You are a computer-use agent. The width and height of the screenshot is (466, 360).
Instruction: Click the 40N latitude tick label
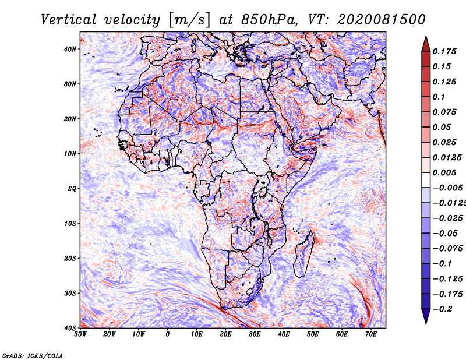(x=70, y=49)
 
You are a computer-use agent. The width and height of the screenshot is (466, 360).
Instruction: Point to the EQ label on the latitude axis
(x=72, y=189)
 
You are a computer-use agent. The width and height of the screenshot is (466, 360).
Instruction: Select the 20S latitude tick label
(x=70, y=258)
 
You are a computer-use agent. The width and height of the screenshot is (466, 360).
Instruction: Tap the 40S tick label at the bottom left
(x=70, y=328)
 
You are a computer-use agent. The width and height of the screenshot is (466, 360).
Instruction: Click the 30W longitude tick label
(x=80, y=334)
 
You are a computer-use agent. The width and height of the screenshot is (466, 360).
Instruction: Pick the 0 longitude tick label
(x=168, y=334)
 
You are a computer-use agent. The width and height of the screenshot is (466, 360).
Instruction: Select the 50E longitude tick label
(x=313, y=334)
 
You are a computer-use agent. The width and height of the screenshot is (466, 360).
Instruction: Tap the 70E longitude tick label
(x=371, y=334)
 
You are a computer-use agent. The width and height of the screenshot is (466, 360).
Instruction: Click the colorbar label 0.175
(x=444, y=51)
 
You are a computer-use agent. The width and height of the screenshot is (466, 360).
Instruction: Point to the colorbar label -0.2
(x=443, y=309)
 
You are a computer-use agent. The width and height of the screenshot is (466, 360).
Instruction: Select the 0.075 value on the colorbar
(x=444, y=112)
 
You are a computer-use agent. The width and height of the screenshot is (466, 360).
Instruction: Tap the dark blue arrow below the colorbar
(x=426, y=316)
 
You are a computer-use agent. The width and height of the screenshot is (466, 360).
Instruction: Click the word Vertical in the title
(x=69, y=20)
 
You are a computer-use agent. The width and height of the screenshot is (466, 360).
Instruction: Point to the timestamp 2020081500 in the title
(x=382, y=20)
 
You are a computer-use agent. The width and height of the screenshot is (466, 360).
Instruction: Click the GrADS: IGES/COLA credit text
(x=33, y=355)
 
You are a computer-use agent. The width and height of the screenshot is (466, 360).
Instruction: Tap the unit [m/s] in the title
(x=189, y=20)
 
